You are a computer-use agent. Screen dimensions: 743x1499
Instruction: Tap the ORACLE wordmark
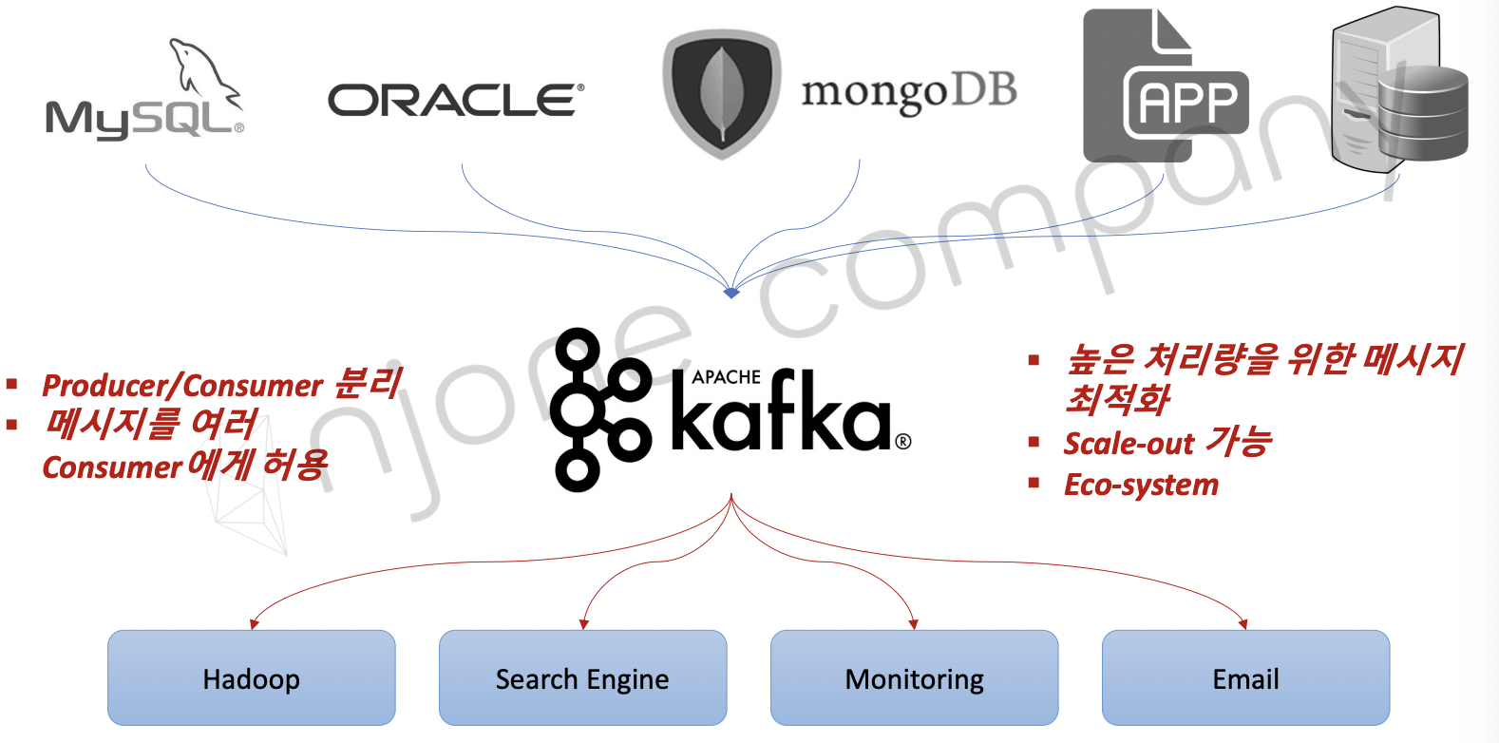click(x=455, y=101)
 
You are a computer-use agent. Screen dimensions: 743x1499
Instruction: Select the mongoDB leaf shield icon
click(x=721, y=94)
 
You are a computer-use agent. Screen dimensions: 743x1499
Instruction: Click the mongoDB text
click(x=908, y=93)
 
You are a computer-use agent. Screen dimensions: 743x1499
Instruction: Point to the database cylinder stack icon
click(x=1422, y=111)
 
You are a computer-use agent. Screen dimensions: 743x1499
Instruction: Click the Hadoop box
click(x=252, y=677)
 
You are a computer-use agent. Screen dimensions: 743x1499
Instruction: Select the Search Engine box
click(x=582, y=677)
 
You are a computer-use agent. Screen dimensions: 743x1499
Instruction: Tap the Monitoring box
click(x=914, y=677)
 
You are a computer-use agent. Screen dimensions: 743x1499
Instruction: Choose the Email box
click(x=1245, y=677)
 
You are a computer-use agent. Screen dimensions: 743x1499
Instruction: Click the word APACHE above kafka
click(x=726, y=377)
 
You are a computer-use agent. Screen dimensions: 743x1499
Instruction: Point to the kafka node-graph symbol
click(x=600, y=410)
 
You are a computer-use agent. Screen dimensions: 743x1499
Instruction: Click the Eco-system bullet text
click(x=1141, y=485)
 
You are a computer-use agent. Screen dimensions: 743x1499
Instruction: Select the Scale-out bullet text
click(x=1167, y=443)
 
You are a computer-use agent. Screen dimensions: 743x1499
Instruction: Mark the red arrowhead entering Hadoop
click(x=254, y=624)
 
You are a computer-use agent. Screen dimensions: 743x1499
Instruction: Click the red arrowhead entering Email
click(x=1243, y=624)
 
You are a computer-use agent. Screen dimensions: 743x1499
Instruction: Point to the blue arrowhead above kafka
click(x=731, y=293)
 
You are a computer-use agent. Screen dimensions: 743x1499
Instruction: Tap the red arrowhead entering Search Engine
click(x=583, y=624)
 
